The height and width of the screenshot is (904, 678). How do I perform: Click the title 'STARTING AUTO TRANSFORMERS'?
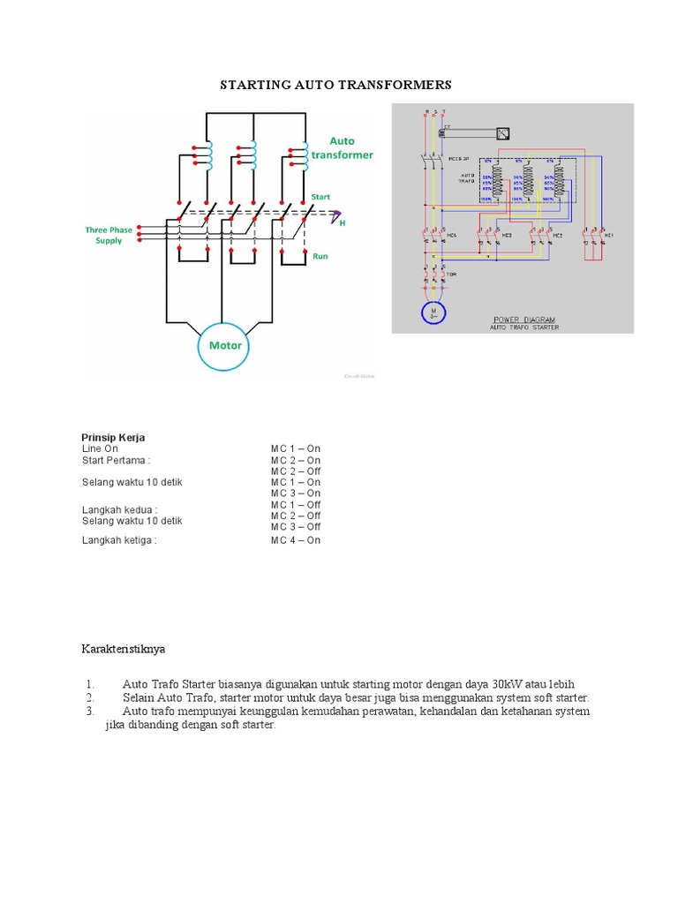335,85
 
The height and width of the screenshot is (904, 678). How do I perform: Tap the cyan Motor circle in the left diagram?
225,344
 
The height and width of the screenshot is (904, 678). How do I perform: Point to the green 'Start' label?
320,197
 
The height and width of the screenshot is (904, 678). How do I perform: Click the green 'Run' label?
320,255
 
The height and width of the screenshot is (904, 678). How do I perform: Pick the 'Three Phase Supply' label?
109,235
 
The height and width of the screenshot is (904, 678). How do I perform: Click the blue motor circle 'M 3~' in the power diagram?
433,313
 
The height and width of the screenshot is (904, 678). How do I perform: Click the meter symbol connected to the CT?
502,134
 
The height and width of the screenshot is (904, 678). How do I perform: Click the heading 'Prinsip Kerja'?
113,437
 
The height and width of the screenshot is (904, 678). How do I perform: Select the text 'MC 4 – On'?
296,540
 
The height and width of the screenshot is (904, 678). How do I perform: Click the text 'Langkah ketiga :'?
119,540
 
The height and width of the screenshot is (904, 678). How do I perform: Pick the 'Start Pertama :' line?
116,460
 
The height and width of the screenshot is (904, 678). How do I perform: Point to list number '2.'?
90,697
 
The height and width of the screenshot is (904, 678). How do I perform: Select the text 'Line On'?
100,448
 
